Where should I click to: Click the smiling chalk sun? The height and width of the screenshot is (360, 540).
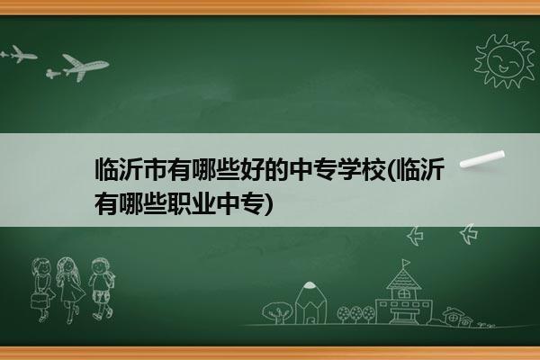pyautogui.click(x=504, y=61)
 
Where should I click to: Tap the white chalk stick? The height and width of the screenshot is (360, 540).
pyautogui.click(x=482, y=159)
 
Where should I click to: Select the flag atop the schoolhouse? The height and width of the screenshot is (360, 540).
pyautogui.click(x=407, y=263)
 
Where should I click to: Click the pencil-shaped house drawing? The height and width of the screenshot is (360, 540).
pyautogui.click(x=310, y=302)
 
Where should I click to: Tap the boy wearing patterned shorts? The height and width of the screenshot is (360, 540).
pyautogui.click(x=101, y=289)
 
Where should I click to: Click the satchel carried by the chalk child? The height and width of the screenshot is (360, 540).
pyautogui.click(x=38, y=301)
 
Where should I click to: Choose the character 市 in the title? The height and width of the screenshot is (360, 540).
pyautogui.click(x=155, y=169)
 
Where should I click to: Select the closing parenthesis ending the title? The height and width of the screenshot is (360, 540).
pyautogui.click(x=268, y=203)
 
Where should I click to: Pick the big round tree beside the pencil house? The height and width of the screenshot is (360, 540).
pyautogui.click(x=277, y=312)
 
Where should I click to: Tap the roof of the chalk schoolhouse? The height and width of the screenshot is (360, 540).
pyautogui.click(x=403, y=279)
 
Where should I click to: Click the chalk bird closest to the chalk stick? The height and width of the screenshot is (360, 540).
pyautogui.click(x=469, y=234)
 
